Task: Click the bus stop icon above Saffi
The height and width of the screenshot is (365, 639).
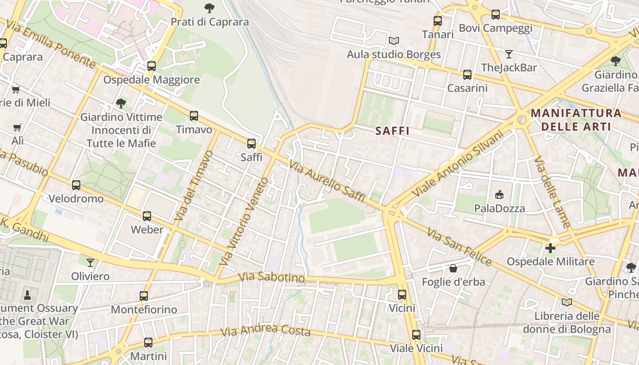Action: click(251, 144)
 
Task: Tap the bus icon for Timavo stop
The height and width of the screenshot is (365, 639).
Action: click(194, 116)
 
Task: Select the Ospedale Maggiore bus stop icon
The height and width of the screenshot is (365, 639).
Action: click(152, 66)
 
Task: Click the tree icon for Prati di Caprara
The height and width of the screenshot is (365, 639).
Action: click(210, 8)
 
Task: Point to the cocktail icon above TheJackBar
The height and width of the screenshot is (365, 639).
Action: click(509, 54)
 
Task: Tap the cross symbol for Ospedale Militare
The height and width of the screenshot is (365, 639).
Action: click(550, 248)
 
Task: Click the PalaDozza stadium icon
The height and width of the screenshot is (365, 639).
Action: click(499, 195)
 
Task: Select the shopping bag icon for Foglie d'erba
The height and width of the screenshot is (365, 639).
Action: click(453, 268)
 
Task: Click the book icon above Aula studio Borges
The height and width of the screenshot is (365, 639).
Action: click(394, 41)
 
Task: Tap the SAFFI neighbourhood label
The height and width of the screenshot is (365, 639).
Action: click(392, 131)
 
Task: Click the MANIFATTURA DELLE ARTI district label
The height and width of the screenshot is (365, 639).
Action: click(576, 120)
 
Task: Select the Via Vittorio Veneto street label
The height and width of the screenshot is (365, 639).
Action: click(243, 222)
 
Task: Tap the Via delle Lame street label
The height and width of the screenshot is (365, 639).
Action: click(552, 192)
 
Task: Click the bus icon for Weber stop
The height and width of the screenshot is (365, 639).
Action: click(147, 216)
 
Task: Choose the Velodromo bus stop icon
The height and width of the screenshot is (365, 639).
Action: click(76, 185)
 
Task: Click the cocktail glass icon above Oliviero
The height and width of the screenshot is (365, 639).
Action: click(90, 262)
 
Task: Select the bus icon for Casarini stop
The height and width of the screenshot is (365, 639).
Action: click(467, 74)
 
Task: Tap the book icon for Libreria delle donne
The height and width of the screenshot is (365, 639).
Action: click(566, 302)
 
